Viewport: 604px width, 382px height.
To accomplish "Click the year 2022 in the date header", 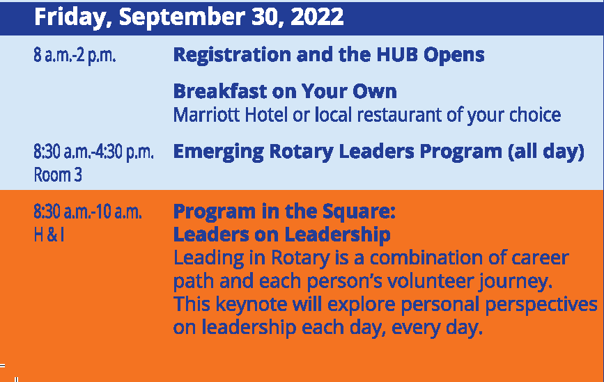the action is point(317,17).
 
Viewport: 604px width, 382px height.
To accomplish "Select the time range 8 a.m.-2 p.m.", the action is point(75,55).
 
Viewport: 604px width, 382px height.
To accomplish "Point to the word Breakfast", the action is point(220,91).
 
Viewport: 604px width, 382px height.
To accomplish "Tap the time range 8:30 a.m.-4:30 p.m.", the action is point(93,152).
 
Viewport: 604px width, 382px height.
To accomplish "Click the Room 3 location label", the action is point(58,175).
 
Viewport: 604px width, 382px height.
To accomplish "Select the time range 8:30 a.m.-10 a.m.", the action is point(88,212).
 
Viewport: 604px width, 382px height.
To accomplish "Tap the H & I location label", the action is point(49,234).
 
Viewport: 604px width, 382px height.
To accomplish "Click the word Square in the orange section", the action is point(359,212).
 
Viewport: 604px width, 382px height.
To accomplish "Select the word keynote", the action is point(251,304).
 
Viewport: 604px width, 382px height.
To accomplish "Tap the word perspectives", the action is point(541,304).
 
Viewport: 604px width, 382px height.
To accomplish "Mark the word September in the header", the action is point(182,17).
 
